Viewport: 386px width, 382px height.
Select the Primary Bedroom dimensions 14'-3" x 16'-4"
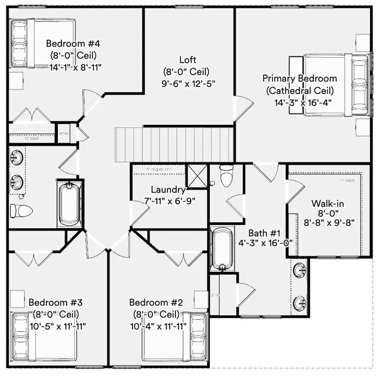point(303,103)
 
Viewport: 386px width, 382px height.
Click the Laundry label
point(169,190)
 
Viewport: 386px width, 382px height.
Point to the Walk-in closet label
point(327,203)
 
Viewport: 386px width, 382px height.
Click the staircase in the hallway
point(174,144)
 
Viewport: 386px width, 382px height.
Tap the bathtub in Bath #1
point(220,249)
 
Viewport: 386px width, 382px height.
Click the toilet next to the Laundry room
point(226,176)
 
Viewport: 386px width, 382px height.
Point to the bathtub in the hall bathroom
point(69,204)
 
